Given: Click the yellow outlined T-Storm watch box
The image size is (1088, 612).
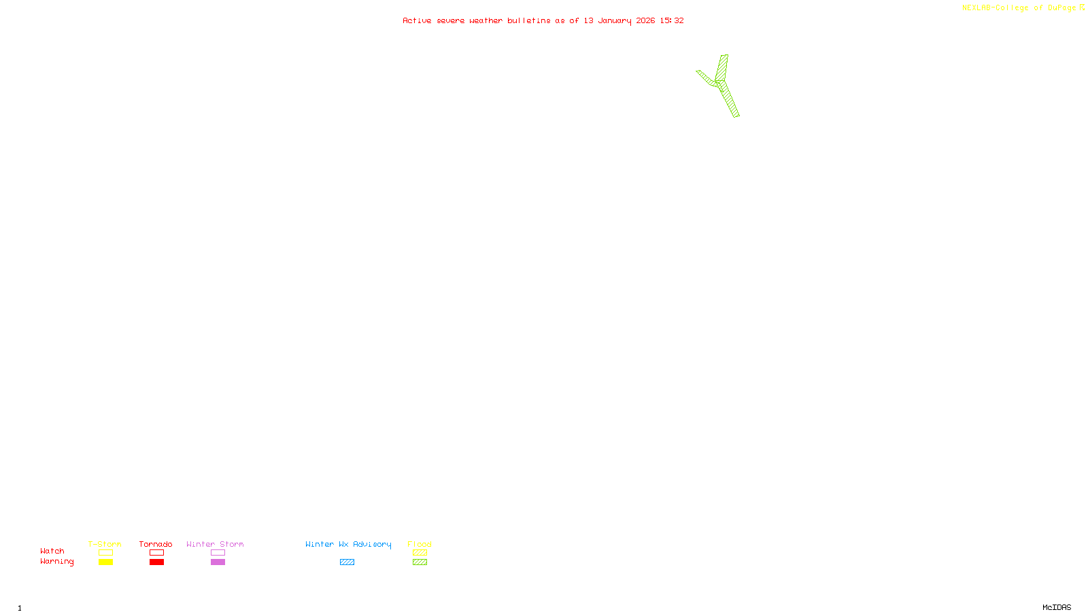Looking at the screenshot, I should (105, 553).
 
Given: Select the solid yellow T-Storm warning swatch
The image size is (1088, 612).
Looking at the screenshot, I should (105, 562).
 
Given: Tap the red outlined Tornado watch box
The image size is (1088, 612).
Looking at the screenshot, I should (156, 553).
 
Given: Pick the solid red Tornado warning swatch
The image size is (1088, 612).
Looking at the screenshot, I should (156, 562).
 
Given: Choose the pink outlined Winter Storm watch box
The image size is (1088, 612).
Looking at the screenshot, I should (218, 553).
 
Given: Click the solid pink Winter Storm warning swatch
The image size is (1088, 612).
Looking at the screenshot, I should (218, 562).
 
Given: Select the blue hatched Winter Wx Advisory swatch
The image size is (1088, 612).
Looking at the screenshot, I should (347, 562).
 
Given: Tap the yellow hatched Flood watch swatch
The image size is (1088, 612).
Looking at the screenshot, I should (420, 553).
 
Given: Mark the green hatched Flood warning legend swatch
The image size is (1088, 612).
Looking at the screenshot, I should (420, 562).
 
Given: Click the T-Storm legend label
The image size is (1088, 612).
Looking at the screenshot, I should (105, 544).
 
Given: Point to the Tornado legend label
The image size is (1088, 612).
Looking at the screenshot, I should (156, 544).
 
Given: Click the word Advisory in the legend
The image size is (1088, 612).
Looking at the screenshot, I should (372, 544).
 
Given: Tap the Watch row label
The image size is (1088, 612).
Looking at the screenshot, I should (52, 551).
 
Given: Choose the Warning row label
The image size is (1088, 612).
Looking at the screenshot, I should (56, 562).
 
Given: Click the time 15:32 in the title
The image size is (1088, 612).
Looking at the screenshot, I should (672, 20).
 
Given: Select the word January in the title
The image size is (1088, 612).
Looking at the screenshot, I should (614, 20).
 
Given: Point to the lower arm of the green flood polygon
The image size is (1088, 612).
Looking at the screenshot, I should (730, 100).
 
